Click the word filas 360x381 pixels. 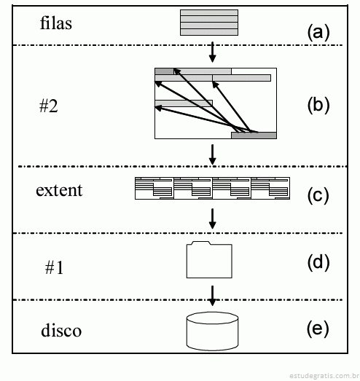tap(56, 23)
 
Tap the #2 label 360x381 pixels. tap(49, 106)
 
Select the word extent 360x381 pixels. tap(59, 190)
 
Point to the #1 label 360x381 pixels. tap(54, 268)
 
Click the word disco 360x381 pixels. tap(61, 330)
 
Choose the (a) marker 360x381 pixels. tap(318, 33)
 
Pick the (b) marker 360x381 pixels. tap(318, 106)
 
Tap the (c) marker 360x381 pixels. tap(318, 196)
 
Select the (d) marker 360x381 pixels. tap(318, 263)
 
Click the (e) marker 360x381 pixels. tap(318, 329)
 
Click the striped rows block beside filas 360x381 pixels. tap(209, 23)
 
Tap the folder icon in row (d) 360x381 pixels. tap(209, 259)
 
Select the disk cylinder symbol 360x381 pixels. tap(212, 331)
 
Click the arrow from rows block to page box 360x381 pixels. tap(213, 52)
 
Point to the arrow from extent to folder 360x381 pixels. tap(213, 219)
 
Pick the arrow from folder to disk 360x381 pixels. tap(213, 296)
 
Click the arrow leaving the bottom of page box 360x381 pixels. tap(213, 154)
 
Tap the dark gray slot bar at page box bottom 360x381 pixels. tap(254, 135)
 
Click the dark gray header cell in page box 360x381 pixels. tap(164, 71)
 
